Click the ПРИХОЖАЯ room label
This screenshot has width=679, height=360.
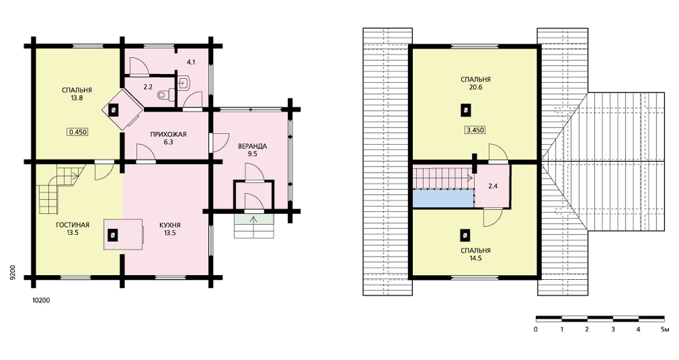pyautogui.click(x=168, y=134)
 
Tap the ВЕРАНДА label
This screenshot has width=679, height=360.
pyautogui.click(x=253, y=146)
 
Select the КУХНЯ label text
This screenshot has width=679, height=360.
pyautogui.click(x=170, y=225)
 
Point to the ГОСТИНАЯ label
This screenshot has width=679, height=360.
pyautogui.click(x=73, y=224)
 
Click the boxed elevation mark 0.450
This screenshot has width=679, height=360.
pyautogui.click(x=78, y=132)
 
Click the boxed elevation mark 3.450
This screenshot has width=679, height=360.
pyautogui.click(x=475, y=130)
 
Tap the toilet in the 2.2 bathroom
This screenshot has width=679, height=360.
pyautogui.click(x=166, y=94)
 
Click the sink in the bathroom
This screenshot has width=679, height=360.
pyautogui.click(x=183, y=82)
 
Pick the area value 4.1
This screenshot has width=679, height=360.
pyautogui.click(x=191, y=62)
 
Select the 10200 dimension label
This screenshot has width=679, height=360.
pyautogui.click(x=41, y=300)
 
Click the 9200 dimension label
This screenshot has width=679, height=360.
pyautogui.click(x=14, y=272)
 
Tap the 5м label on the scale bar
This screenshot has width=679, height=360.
pyautogui.click(x=665, y=329)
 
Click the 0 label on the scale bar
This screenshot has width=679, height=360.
pyautogui.click(x=536, y=329)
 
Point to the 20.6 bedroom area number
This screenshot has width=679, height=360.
pyautogui.click(x=475, y=87)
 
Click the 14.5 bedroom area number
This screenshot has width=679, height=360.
pyautogui.click(x=475, y=258)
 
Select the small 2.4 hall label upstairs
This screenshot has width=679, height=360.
pyautogui.click(x=493, y=186)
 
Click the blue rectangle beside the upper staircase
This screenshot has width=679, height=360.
pyautogui.click(x=443, y=199)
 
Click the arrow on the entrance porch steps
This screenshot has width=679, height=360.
pyautogui.click(x=254, y=218)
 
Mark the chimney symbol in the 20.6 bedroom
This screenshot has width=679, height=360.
pyautogui.click(x=466, y=110)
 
